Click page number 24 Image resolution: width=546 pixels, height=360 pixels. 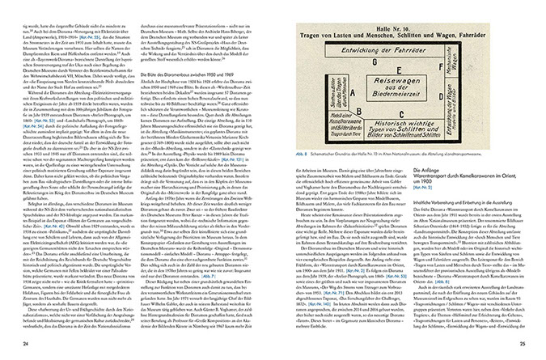pyautogui.click(x=25, y=347)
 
